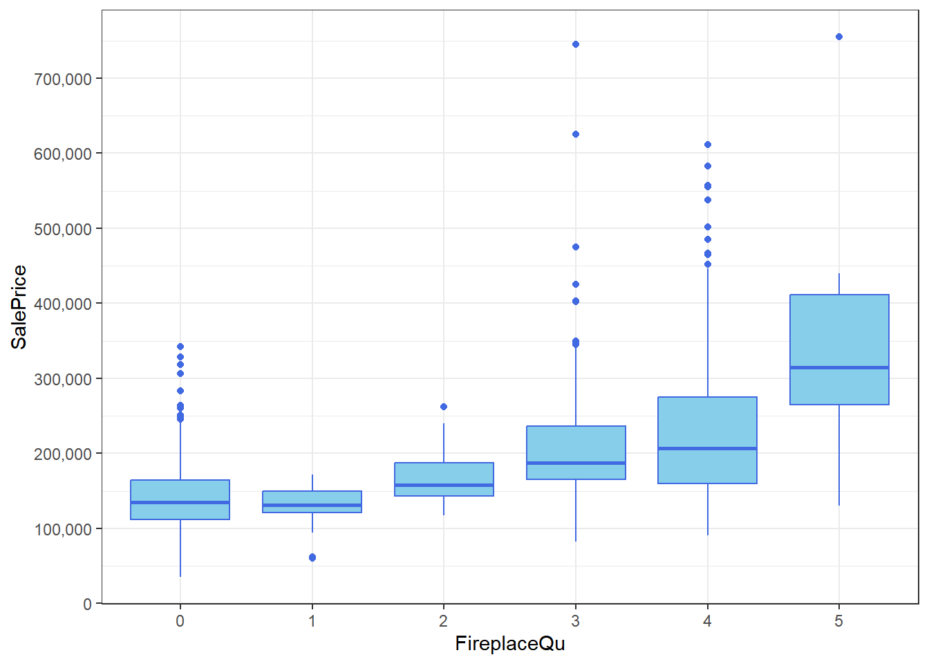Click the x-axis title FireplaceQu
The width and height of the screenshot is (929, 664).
coord(509,644)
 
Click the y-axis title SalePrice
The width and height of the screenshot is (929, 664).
coord(19,306)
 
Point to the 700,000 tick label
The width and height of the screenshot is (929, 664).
coord(63,79)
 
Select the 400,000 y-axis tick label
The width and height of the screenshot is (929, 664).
coord(63,304)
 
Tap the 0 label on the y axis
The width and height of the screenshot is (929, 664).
coord(87,604)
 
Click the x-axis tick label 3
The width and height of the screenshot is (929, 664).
coord(575,621)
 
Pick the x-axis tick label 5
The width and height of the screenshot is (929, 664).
coord(838,621)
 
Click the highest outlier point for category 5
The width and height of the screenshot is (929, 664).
coord(839,37)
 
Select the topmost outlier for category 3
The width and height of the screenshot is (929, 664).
coord(576,44)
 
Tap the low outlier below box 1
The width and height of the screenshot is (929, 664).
coord(312,557)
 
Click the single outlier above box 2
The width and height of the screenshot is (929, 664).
coord(444,407)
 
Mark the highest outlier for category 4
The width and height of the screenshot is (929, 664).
coord(708,145)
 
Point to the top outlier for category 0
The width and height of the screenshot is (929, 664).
coord(180,347)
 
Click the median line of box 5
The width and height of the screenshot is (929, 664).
coord(839,367)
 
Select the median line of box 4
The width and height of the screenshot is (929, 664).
coord(708,448)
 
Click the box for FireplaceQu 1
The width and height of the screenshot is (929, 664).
coord(312,498)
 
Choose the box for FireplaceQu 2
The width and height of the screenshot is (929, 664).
coord(444,474)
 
